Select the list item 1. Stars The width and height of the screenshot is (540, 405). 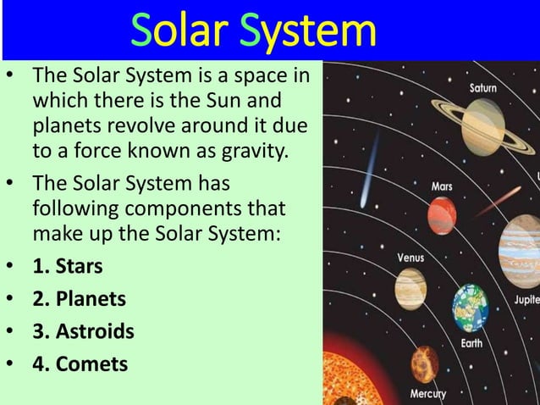coord(67,266)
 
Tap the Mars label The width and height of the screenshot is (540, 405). coord(442,186)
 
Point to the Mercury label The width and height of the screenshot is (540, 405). coord(429,394)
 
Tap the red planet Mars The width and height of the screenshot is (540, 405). coord(442,214)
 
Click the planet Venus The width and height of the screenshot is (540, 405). coord(411,288)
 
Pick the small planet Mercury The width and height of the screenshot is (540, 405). coord(425,363)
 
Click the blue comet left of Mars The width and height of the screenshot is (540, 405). coord(371,173)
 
